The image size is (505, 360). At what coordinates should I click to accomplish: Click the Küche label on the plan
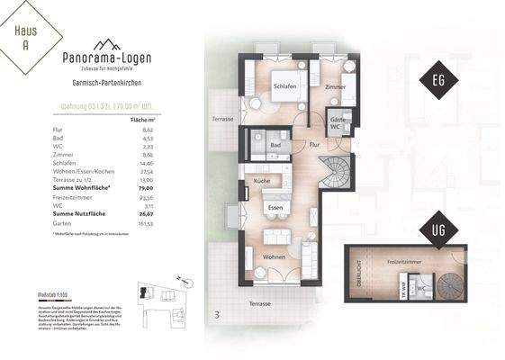pos(263,181)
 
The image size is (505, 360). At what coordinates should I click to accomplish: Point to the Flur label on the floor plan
pos(314,144)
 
